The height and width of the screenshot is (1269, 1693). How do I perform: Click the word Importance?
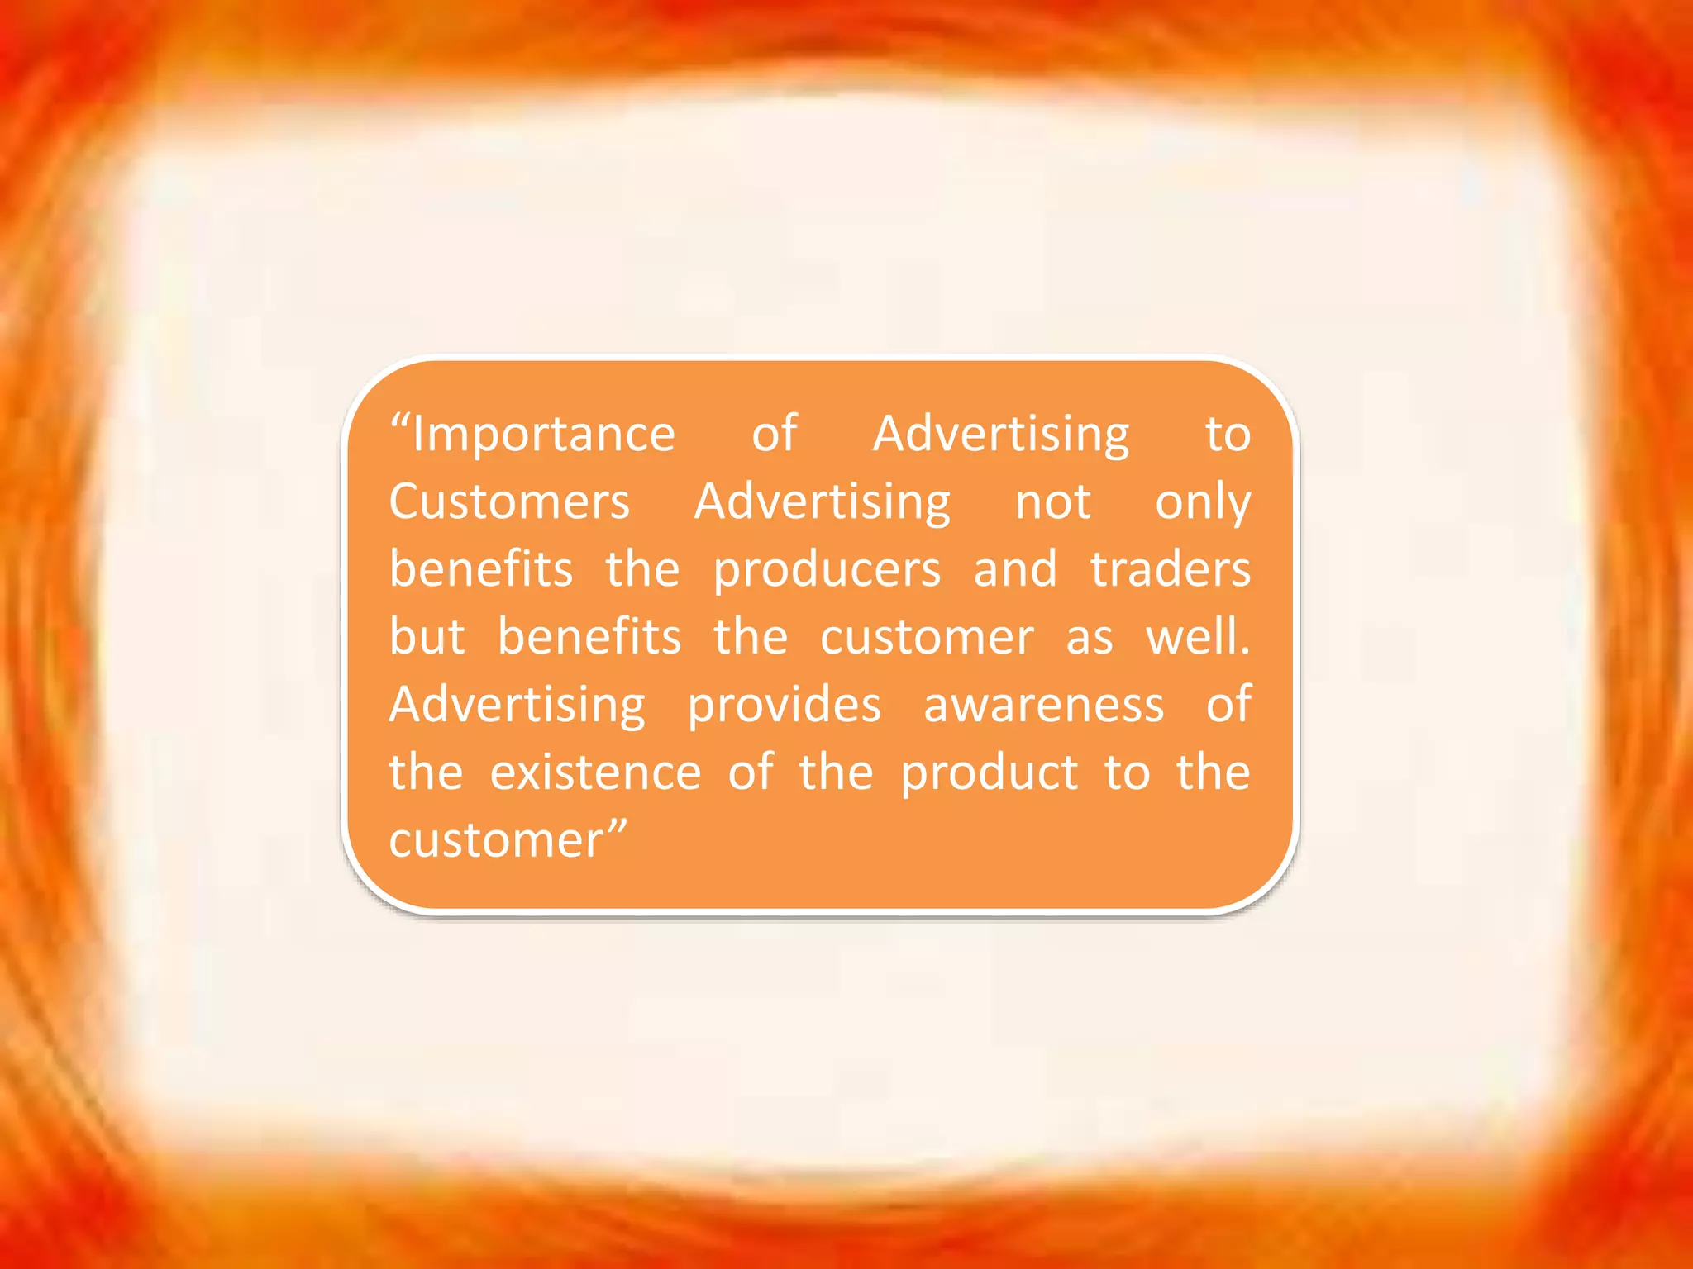click(543, 435)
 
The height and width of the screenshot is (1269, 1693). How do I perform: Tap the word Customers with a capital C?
click(509, 501)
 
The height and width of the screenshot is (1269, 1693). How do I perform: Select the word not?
click(1052, 501)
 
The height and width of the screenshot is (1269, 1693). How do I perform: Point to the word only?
click(1203, 503)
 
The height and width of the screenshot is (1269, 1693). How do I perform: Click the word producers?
click(827, 571)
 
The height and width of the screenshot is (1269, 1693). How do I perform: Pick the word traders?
click(1170, 569)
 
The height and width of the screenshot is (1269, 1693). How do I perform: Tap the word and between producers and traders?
click(1015, 569)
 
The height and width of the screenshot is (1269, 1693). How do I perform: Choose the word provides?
click(785, 706)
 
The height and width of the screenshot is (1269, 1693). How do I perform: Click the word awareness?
click(1043, 705)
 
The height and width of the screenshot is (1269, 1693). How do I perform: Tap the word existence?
click(595, 772)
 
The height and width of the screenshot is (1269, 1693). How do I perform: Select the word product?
click(989, 774)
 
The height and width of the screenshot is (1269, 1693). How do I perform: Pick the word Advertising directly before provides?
click(517, 706)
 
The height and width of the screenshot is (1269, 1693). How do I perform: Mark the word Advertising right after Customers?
click(823, 502)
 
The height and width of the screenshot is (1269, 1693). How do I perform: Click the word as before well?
click(1089, 638)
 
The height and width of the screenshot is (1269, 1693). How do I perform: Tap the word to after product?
click(1127, 772)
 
